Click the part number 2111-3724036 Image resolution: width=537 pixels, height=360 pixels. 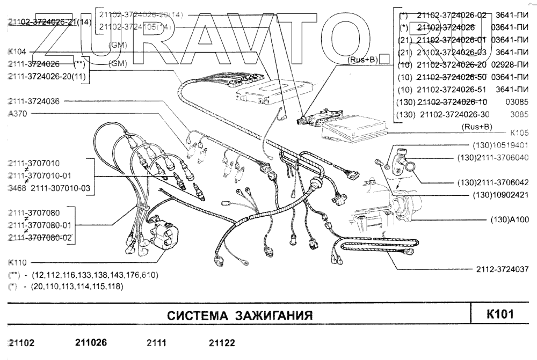(34, 101)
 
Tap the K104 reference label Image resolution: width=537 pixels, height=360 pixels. (17, 52)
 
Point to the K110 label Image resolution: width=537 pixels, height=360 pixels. (18, 263)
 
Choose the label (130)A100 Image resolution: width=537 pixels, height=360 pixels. (510, 219)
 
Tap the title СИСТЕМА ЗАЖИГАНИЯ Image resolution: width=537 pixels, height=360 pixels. (240, 315)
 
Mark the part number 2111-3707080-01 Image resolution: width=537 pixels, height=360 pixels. (40, 225)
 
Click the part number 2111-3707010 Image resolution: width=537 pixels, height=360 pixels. (34, 163)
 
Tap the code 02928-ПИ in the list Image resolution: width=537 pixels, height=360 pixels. (510, 64)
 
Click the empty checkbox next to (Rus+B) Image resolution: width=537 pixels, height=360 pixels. (383, 61)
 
